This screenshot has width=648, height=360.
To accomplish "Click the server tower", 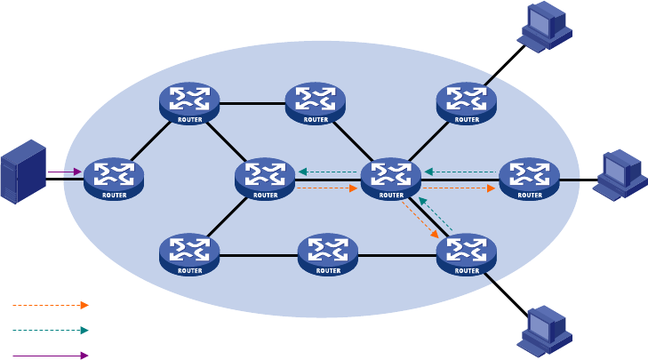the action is coord(23,172).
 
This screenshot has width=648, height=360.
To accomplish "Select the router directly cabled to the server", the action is coord(114,179).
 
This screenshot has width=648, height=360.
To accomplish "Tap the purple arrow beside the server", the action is coord(65,172).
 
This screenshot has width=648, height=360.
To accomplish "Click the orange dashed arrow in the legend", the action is coord(51,306).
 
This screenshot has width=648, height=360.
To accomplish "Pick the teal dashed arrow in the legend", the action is coord(51,331).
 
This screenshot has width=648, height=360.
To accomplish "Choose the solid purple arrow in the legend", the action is coord(51,356).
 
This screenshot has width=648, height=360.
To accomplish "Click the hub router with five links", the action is coord(391,179).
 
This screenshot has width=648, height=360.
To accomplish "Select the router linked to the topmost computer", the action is coord(467,103).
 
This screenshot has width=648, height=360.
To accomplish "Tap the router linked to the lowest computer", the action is coord(467,254).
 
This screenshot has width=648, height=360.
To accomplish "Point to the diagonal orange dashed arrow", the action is coord(420,220).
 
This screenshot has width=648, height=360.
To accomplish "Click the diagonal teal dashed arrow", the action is coord(436,213).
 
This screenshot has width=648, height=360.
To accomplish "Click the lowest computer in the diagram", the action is coord(545,331).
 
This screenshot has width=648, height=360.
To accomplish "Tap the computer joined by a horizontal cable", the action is coord(620,175).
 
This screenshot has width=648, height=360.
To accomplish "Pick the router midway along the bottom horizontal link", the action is coord(328,254).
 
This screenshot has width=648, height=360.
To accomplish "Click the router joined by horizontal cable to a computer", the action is coord(530,179).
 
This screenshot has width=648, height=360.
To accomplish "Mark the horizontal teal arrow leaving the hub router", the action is coord(328,172).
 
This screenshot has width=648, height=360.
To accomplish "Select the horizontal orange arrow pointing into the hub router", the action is coord(327,188).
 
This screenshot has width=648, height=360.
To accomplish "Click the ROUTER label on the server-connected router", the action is coord(115,195).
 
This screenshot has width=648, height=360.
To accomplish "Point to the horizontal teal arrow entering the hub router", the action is coord(460,172).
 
